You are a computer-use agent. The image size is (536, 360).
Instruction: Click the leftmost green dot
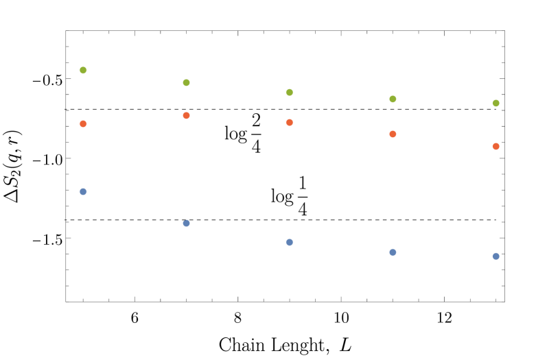[x=83, y=70]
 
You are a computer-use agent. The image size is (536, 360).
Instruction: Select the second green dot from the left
[x=186, y=82]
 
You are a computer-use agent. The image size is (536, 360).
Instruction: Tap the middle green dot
[x=289, y=92]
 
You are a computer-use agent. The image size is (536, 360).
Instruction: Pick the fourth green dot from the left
[x=393, y=99]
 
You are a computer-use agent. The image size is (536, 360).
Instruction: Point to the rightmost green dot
[x=496, y=103]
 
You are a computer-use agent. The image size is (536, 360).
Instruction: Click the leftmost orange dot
[x=83, y=123]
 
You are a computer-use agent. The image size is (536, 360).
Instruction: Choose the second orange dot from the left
[x=186, y=115]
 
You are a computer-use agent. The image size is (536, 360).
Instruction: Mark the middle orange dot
[x=289, y=122]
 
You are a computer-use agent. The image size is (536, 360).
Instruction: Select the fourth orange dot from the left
[x=393, y=134]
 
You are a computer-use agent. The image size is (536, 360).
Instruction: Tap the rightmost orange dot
[x=496, y=146]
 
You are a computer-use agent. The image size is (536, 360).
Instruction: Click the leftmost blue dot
[x=83, y=191]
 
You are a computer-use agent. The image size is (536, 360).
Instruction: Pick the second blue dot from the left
[x=186, y=223]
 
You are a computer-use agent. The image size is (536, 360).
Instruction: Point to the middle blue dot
[x=289, y=242]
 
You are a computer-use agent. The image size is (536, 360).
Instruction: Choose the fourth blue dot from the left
[x=393, y=252]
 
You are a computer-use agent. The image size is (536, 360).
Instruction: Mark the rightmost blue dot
[x=496, y=256]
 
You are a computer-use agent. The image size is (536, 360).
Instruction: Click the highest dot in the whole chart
[x=83, y=70]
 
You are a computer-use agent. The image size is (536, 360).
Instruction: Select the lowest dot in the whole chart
[x=496, y=256]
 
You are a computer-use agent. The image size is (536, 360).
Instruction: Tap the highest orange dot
[x=186, y=115]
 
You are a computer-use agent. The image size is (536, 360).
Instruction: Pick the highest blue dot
[x=83, y=191]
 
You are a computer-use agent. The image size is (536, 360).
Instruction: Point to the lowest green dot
[x=496, y=103]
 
